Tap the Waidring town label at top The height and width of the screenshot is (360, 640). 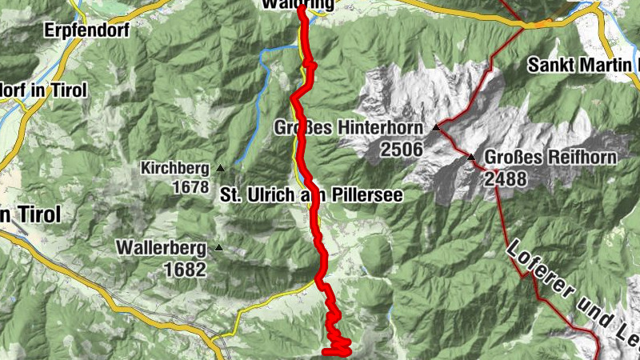tap(298, 4)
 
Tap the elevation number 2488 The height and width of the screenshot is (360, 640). tap(505, 178)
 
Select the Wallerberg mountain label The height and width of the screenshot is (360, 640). tap(161, 249)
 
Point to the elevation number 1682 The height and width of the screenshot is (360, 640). tap(185, 270)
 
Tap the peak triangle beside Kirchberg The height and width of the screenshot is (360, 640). tap(220, 168)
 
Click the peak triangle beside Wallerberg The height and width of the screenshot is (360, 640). tap(218, 248)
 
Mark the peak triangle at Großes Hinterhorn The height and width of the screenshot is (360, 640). tap(436, 127)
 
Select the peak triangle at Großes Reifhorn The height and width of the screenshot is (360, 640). tap(471, 157)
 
